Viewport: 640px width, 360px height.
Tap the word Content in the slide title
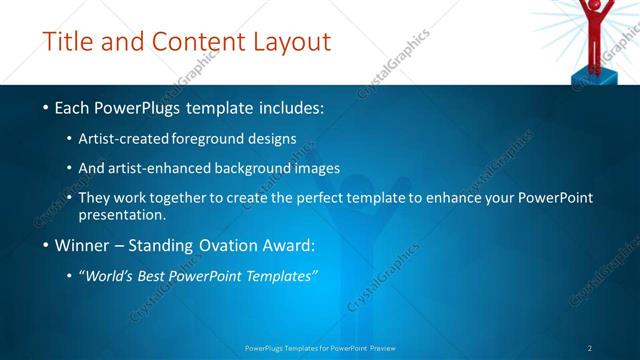point(195,42)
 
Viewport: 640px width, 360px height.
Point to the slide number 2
point(590,348)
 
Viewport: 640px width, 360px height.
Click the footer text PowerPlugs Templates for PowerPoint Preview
point(320,348)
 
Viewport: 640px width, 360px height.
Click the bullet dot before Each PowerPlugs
point(45,106)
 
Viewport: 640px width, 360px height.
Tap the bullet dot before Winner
point(45,244)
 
